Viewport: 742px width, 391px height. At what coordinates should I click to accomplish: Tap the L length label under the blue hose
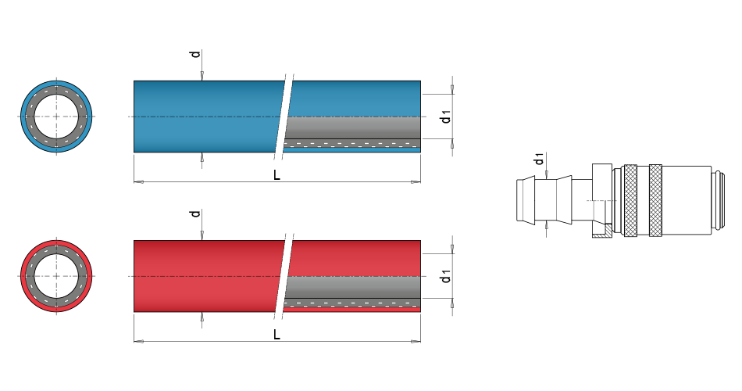276,175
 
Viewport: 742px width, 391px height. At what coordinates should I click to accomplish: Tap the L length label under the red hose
276,335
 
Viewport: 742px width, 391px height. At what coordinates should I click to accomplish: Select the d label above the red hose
195,213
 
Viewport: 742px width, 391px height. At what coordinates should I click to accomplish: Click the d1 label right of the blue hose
445,117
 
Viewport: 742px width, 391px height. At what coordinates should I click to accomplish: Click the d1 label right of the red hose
445,276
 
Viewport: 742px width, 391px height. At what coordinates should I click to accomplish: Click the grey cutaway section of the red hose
351,288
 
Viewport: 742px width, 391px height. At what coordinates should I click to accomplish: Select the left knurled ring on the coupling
630,200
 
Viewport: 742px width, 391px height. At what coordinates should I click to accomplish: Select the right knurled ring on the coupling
656,200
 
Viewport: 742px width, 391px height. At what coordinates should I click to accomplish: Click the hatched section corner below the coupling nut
602,231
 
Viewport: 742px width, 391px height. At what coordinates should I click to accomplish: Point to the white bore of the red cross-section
57,275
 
